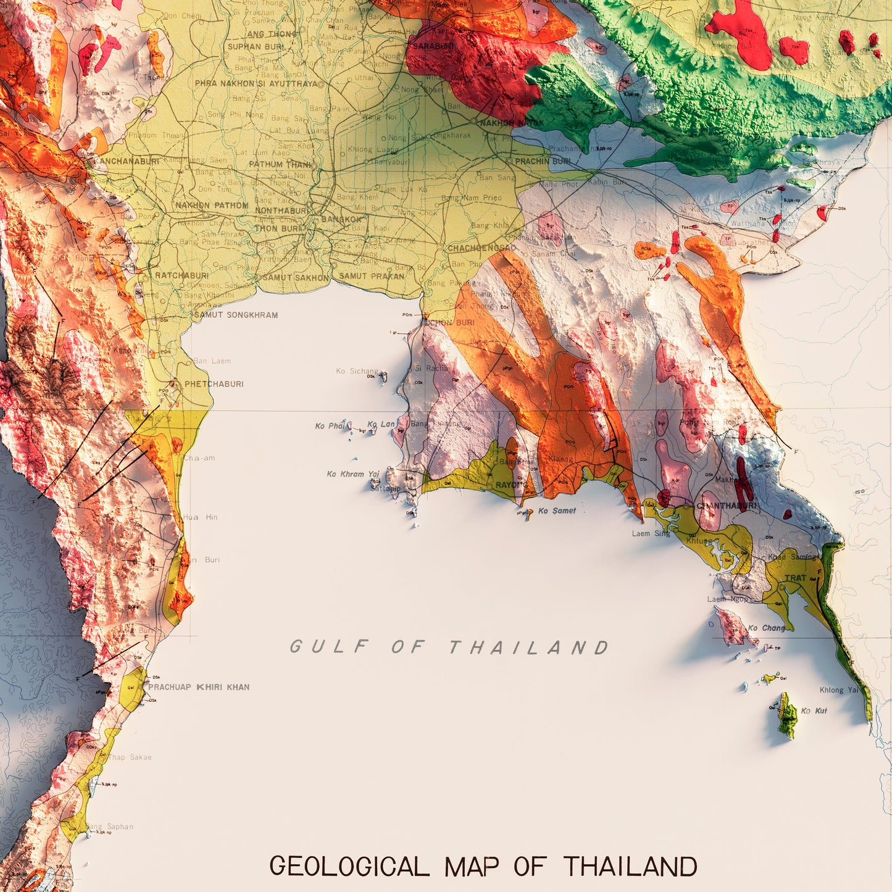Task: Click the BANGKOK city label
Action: tap(341, 219)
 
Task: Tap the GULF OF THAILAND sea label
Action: tap(449, 646)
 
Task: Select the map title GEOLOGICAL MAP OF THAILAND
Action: tap(483, 867)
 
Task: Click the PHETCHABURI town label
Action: tap(214, 384)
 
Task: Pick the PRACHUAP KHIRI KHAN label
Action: tap(199, 687)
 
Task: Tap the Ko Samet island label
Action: tap(557, 511)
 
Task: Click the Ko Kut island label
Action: tap(814, 711)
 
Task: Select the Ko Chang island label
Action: tap(767, 628)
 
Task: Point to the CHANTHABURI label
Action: tap(727, 506)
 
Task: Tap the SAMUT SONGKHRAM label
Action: tap(236, 315)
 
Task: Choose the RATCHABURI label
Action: tap(181, 275)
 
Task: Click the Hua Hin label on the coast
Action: tap(200, 517)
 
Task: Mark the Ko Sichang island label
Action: tap(357, 371)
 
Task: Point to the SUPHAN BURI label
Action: tap(256, 46)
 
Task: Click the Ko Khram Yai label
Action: tap(353, 474)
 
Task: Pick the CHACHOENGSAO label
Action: tap(481, 248)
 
